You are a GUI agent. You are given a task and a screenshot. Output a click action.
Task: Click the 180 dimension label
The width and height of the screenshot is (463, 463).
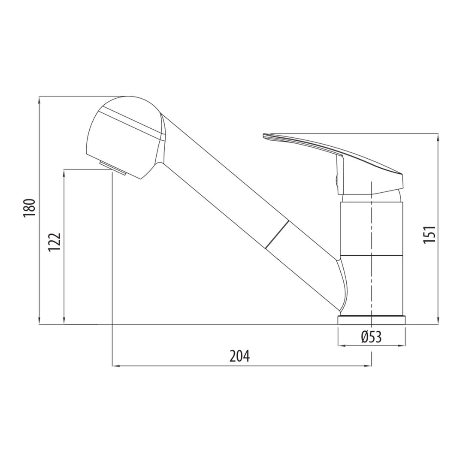(x=30, y=208)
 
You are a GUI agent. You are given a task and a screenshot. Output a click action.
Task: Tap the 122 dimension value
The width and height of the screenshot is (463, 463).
(x=54, y=242)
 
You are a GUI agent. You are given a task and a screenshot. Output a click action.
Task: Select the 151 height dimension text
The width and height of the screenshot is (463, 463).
(x=430, y=234)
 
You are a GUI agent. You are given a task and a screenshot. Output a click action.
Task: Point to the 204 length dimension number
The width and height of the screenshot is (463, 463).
(x=240, y=357)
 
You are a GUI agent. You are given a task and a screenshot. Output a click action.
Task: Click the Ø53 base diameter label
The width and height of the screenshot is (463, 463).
(x=371, y=337)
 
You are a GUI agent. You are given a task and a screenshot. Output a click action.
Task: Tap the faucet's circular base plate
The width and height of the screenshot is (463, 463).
(x=372, y=321)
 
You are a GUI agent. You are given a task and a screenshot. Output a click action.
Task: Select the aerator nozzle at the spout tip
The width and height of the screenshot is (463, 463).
(x=113, y=168)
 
